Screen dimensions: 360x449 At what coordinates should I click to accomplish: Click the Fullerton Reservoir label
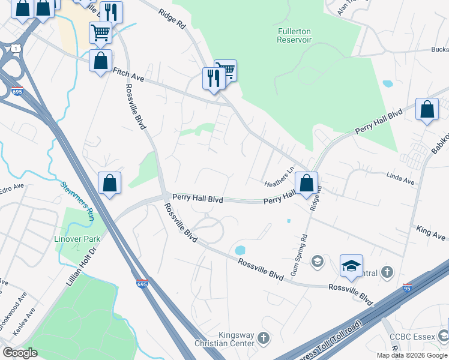click(294, 35)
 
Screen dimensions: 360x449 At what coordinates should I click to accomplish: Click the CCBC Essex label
click(411, 337)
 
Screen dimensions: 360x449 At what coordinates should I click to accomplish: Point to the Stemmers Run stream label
click(77, 193)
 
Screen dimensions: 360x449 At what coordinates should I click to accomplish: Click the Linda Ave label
click(400, 179)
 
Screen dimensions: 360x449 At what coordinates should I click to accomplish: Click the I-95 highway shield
click(408, 289)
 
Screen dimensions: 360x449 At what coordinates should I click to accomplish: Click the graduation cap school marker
click(351, 265)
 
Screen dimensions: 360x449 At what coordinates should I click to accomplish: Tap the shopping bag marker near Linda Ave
click(427, 109)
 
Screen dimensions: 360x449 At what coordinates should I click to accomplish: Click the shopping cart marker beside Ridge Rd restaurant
click(226, 70)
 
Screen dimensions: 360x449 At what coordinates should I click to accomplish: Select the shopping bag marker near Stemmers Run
click(109, 183)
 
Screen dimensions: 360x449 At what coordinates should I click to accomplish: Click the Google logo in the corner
click(20, 353)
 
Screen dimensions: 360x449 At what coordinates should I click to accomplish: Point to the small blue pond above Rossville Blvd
click(240, 249)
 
